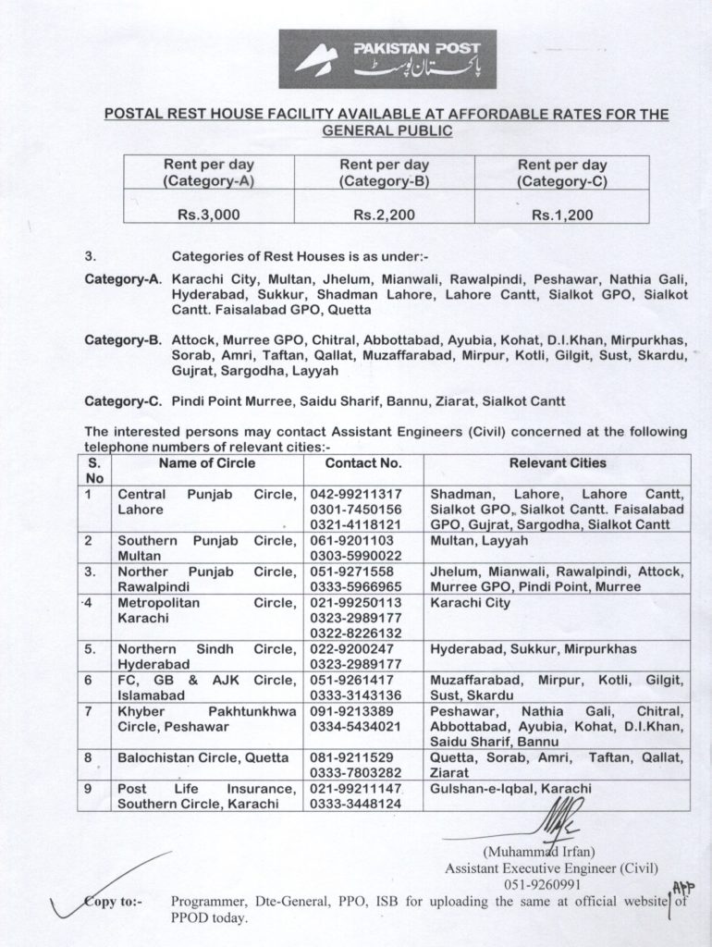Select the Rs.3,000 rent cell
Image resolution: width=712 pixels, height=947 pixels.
point(210,215)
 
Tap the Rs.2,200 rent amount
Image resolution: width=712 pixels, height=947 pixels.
point(385,215)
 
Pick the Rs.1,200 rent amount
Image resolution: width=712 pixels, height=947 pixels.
point(561,215)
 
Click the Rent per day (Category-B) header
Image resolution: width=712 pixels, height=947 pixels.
point(385,173)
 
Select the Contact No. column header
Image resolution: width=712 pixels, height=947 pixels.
point(363,462)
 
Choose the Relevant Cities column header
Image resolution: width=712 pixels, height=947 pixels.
point(558,462)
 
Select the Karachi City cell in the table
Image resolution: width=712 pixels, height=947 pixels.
point(470,603)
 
